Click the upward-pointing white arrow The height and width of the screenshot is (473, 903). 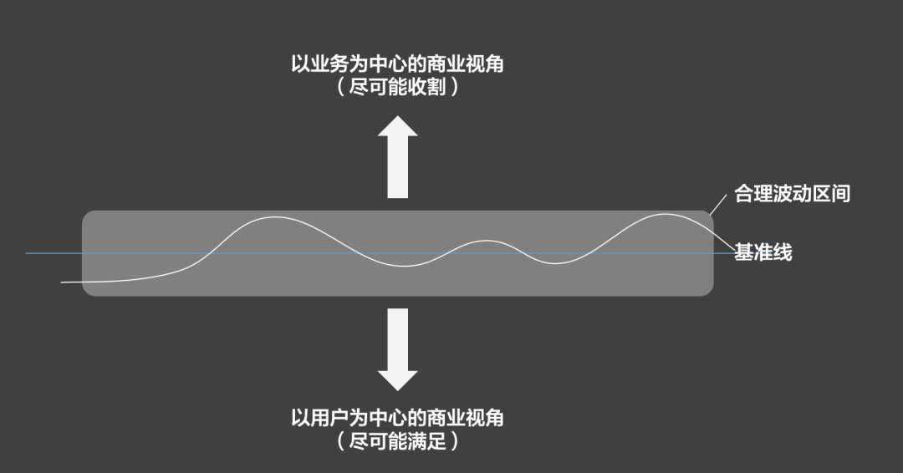click(x=397, y=157)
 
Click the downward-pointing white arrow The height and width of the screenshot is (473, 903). click(x=397, y=349)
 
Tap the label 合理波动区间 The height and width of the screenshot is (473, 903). click(x=792, y=193)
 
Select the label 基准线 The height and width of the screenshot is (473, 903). click(x=763, y=252)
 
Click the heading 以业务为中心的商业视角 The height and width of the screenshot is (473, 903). click(x=397, y=64)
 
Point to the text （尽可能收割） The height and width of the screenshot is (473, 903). click(x=397, y=87)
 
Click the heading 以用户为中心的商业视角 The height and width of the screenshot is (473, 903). click(x=397, y=418)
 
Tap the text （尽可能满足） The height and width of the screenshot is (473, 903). click(x=397, y=441)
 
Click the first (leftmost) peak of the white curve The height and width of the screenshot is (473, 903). click(x=275, y=217)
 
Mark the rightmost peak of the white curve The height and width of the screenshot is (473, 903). click(x=666, y=214)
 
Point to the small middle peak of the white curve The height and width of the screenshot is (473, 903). click(x=487, y=241)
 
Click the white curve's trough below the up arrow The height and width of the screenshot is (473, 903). click(x=406, y=266)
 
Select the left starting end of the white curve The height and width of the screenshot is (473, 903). click(x=62, y=282)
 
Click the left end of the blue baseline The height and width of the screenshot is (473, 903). click(x=26, y=253)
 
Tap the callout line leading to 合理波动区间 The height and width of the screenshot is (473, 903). click(x=718, y=205)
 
